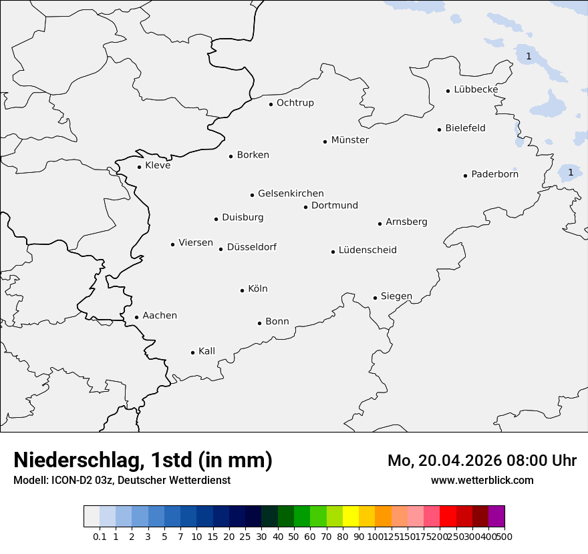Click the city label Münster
tap(349, 140)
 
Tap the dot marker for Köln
tap(242, 290)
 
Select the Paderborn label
tap(494, 175)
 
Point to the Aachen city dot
tap(136, 318)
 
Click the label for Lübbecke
tap(476, 89)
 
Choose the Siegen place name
tap(396, 296)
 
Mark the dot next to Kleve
tap(139, 167)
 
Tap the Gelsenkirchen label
tap(291, 194)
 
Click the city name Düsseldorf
tap(251, 247)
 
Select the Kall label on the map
tap(206, 351)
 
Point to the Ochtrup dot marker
tap(271, 104)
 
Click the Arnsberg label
tap(406, 222)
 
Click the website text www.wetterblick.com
tap(482, 480)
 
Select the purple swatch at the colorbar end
tap(496, 517)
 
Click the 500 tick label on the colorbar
tap(504, 536)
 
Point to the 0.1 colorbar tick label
tap(100, 536)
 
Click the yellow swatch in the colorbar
tap(350, 517)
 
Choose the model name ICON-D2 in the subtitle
tap(73, 480)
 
